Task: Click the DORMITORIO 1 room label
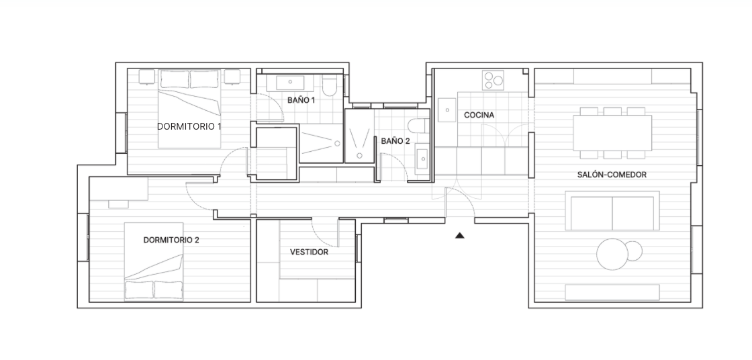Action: [x=189, y=127]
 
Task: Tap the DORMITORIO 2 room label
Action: [x=171, y=240]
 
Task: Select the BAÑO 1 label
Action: [x=301, y=100]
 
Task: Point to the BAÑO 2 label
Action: [x=395, y=141]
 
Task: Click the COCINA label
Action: [x=479, y=116]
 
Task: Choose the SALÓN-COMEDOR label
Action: [x=612, y=175]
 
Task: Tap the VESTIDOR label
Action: [x=310, y=252]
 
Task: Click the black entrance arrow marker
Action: [x=460, y=235]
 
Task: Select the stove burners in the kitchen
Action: [x=493, y=80]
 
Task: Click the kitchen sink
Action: [x=446, y=110]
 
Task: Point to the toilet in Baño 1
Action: [x=330, y=85]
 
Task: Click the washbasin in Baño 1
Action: [x=290, y=83]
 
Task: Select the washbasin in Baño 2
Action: [x=422, y=159]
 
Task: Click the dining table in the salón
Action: [x=612, y=133]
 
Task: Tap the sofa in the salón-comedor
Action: [x=612, y=211]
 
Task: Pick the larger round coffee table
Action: [x=612, y=255]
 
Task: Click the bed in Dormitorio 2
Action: [x=154, y=261]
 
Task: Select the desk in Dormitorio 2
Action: [x=118, y=189]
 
